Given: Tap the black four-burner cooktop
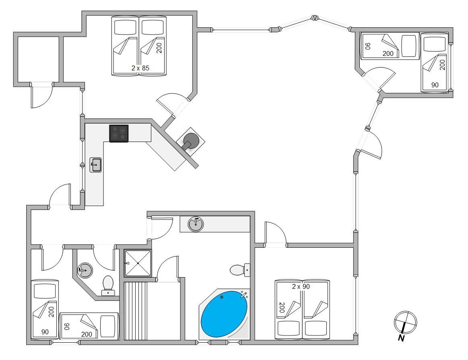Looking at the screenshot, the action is (119, 133).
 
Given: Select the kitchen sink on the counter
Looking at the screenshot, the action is (95, 165).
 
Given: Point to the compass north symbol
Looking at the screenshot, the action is (405, 322).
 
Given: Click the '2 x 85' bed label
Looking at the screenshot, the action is (140, 68).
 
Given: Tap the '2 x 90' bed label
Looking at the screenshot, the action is (301, 286).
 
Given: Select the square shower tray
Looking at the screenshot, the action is (138, 263).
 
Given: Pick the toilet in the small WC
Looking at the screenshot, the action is (108, 286).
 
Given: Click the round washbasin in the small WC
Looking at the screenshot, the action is (85, 271).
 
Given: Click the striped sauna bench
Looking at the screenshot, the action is (136, 311).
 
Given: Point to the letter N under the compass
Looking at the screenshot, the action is (401, 338).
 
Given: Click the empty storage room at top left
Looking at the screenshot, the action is (38, 60).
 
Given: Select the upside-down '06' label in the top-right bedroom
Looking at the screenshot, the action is (368, 46).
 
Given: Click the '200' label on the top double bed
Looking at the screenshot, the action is (159, 48).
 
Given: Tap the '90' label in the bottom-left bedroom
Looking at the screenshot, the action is (45, 332).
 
